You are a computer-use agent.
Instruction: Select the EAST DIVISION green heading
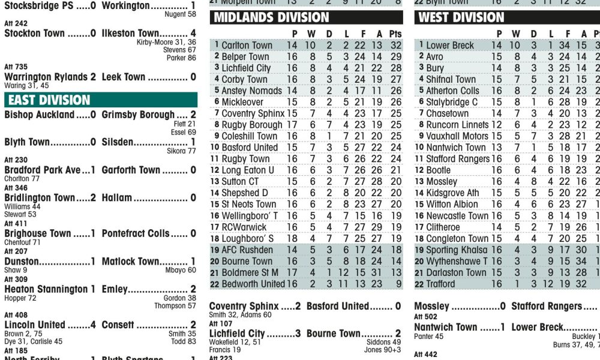pyautogui.click(x=49, y=100)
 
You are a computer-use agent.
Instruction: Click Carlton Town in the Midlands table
pyautogui.click(x=247, y=45)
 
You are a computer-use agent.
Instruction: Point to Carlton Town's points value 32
pyautogui.click(x=395, y=45)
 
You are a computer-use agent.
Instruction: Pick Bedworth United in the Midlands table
pyautogui.click(x=253, y=284)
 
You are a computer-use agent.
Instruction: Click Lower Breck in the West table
pyautogui.click(x=450, y=45)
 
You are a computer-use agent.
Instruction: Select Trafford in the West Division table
pyautogui.click(x=440, y=284)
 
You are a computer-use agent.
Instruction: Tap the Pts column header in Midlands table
pyautogui.click(x=395, y=34)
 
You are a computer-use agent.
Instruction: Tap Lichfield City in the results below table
pyautogui.click(x=237, y=333)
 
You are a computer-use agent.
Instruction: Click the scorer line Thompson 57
pyautogui.click(x=175, y=306)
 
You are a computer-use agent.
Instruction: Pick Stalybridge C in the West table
pyautogui.click(x=452, y=102)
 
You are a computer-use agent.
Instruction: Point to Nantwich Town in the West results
pyautogui.click(x=445, y=328)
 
